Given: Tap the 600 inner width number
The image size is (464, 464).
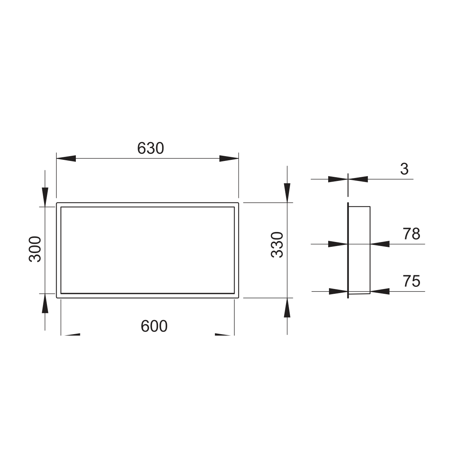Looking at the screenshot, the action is [x=154, y=326].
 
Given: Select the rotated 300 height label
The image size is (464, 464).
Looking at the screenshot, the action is [x=35, y=249].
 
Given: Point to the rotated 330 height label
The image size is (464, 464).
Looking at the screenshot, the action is [x=277, y=245].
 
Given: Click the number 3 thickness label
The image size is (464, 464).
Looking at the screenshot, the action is [x=404, y=169].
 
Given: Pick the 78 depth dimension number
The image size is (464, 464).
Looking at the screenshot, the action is [x=411, y=234].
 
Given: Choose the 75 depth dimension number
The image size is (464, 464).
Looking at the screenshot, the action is [x=411, y=281].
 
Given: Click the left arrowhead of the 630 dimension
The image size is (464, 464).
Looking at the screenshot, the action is [x=66, y=158].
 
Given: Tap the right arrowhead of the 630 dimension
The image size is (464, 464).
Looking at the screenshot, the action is [x=229, y=158].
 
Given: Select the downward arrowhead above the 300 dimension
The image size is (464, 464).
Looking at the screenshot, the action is [x=45, y=197].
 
